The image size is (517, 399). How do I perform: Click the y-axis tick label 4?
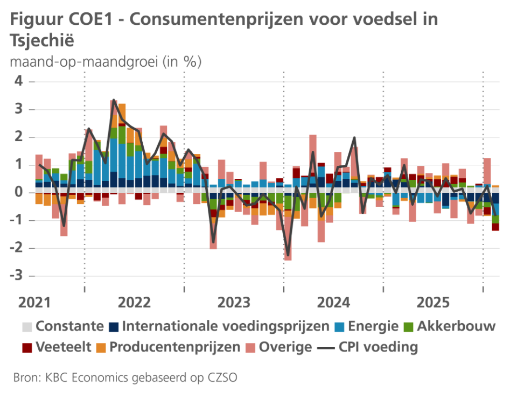tap(19, 81)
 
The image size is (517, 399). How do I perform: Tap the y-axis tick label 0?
tap(19, 192)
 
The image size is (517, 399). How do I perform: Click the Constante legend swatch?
tap(27, 326)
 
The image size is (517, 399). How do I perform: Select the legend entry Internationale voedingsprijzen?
tap(226, 326)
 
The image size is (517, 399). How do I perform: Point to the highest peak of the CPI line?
tap(114, 100)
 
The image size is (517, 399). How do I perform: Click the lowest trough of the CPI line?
tap(288, 255)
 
